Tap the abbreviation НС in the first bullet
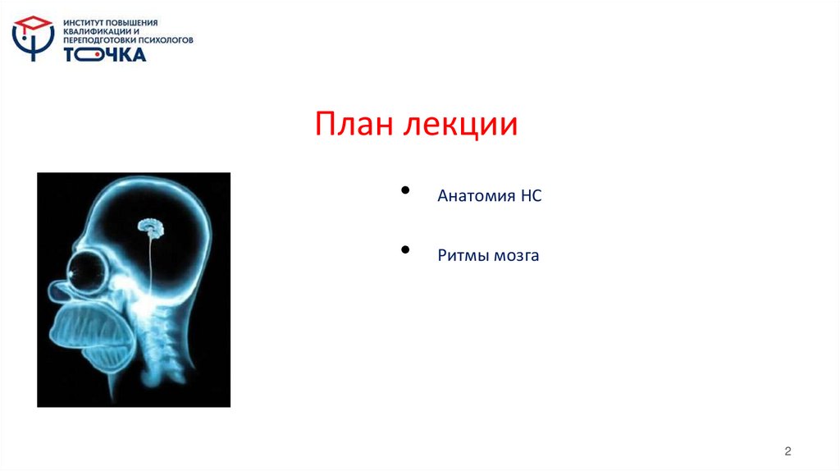531,196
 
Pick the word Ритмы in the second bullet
463,256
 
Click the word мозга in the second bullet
516,256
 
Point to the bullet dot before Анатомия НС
406,190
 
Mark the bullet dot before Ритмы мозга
406,249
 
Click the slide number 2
787,451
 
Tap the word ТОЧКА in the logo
105,54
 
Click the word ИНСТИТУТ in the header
85,23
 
